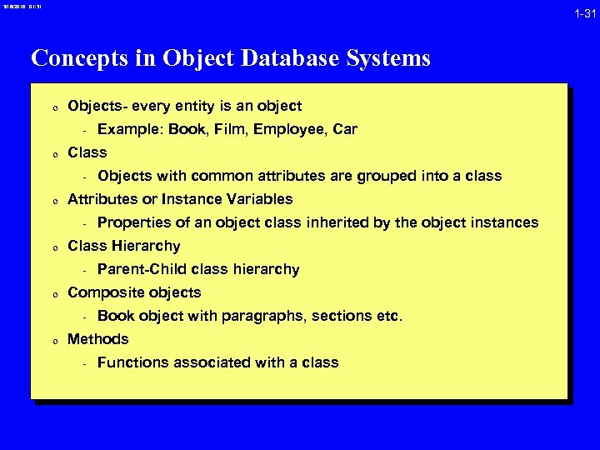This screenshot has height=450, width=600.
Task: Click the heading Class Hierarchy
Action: coord(123,246)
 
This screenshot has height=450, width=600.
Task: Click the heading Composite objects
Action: coord(133,292)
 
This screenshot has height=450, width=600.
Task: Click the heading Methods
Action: coord(97,339)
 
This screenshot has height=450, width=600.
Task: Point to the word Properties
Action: coord(132,222)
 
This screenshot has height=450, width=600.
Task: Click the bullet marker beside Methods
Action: coord(52,341)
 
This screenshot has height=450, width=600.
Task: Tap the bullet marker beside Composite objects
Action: coord(52,294)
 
